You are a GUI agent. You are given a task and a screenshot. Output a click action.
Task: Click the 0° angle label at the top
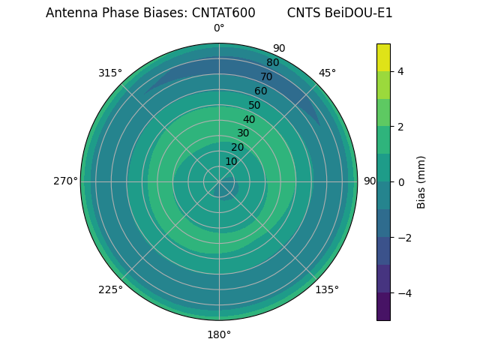pyautogui.click(x=219, y=28)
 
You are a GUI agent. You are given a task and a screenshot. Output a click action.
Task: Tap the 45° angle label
pyautogui.click(x=327, y=73)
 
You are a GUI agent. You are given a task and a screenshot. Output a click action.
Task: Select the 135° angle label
pyautogui.click(x=327, y=289)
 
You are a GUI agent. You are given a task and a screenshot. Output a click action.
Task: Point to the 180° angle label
pyautogui.click(x=219, y=334)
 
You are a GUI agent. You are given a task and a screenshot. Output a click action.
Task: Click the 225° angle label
pyautogui.click(x=110, y=289)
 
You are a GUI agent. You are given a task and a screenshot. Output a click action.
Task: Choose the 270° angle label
pyautogui.click(x=65, y=181)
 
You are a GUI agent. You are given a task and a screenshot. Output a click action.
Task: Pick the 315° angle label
pyautogui.click(x=110, y=73)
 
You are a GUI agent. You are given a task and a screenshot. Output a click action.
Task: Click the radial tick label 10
pyautogui.click(x=231, y=161)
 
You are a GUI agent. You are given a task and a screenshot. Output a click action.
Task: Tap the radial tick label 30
pyautogui.click(x=243, y=133)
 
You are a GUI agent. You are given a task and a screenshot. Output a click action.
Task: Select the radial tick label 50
pyautogui.click(x=255, y=105)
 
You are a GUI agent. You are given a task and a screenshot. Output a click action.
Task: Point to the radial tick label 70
pyautogui.click(x=266, y=76)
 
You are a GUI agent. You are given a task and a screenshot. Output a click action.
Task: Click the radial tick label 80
pyautogui.click(x=272, y=63)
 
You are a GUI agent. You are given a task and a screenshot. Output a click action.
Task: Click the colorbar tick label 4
pyautogui.click(x=401, y=71)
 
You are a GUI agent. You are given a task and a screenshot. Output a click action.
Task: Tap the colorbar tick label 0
pyautogui.click(x=401, y=182)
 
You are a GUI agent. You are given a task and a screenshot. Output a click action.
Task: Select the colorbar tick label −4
pyautogui.click(x=401, y=293)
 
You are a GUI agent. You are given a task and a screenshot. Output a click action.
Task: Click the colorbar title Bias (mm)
pyautogui.click(x=421, y=182)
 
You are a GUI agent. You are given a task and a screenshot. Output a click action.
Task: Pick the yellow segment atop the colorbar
pyautogui.click(x=383, y=57)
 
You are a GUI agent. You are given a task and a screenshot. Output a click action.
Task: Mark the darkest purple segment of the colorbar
pyautogui.click(x=383, y=307)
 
